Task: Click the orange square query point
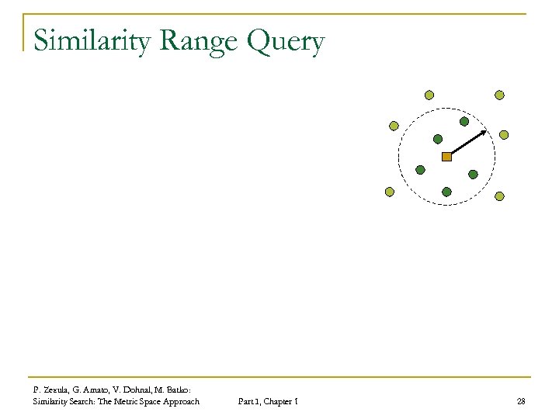click(x=446, y=157)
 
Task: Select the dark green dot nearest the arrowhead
click(x=464, y=121)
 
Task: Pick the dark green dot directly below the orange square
click(x=446, y=191)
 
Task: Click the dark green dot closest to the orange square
click(x=437, y=140)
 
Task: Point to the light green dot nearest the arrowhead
click(x=503, y=134)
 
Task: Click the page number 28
click(x=520, y=401)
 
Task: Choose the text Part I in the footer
click(x=243, y=401)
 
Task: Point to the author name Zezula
click(x=54, y=390)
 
